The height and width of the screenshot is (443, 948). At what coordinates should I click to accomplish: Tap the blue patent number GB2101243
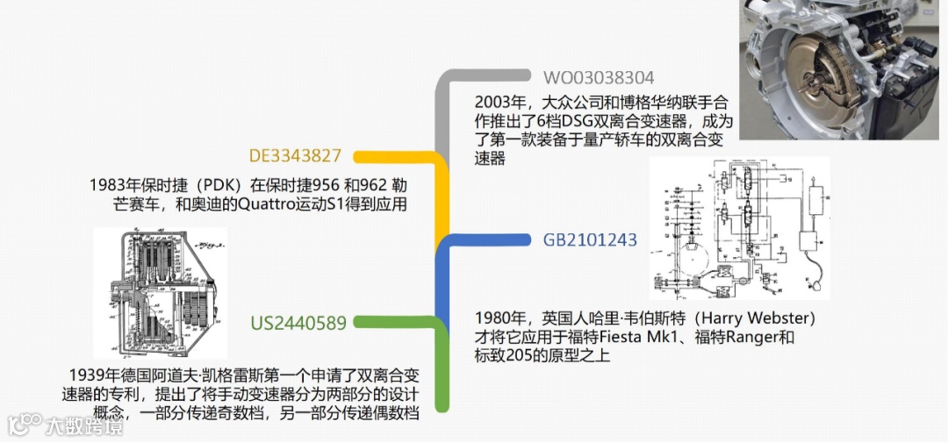point(590,239)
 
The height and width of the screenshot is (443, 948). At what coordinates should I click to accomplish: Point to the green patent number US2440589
point(298,322)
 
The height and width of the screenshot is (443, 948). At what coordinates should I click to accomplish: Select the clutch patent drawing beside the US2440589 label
point(159,293)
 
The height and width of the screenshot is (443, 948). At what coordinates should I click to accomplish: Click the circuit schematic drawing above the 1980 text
point(739,228)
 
